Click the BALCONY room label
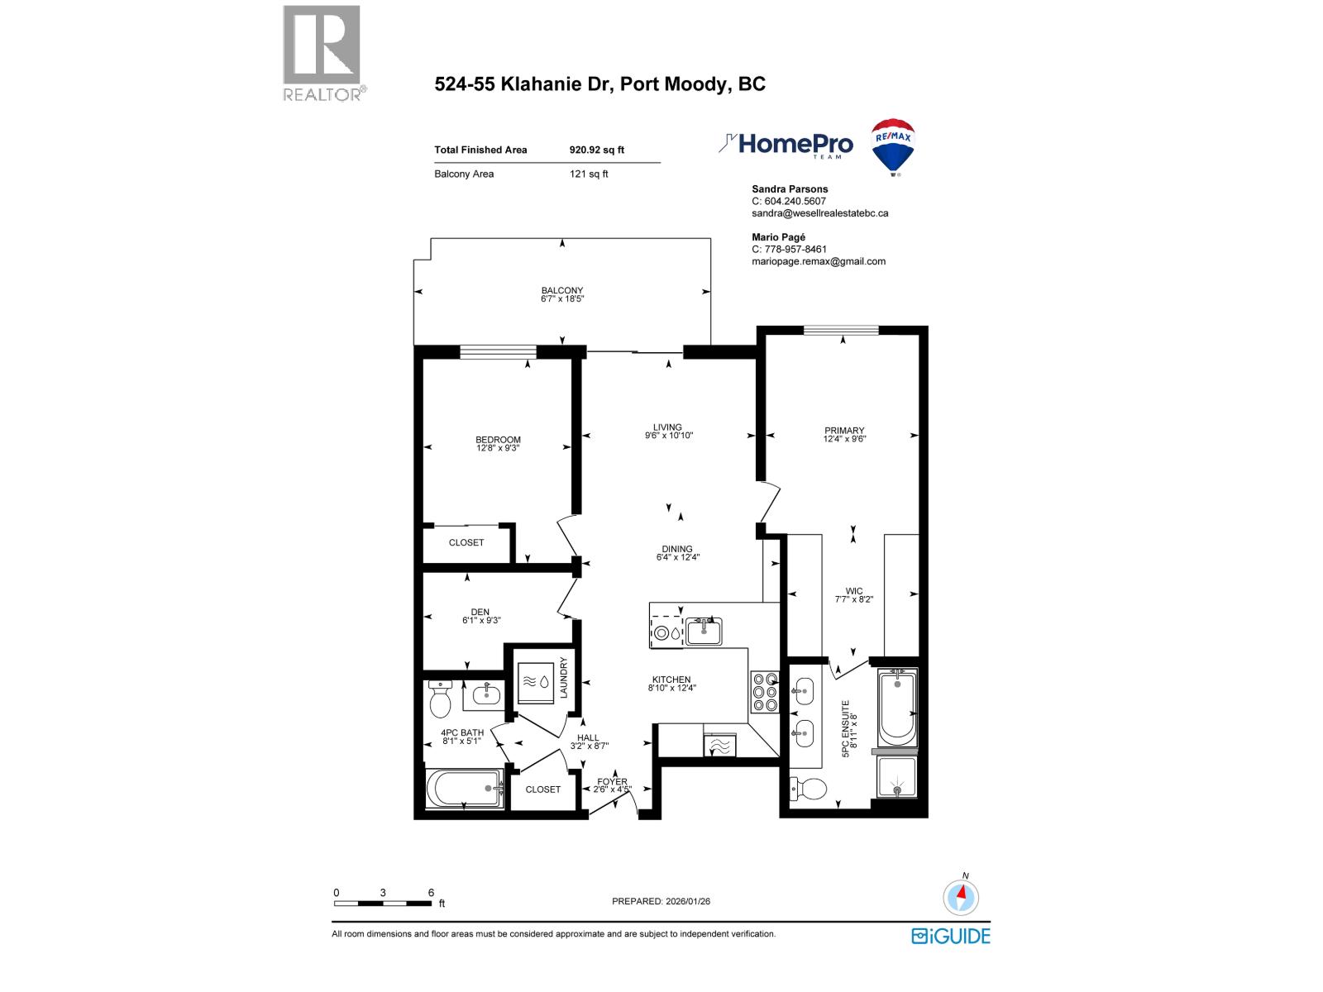pos(562,290)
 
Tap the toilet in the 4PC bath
pos(439,702)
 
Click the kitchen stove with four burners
pos(764,693)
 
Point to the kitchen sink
pos(704,631)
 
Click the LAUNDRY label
pos(564,678)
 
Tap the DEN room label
pos(480,612)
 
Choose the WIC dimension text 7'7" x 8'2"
pos(854,600)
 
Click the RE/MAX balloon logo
pos(893,146)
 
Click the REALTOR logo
pos(322,52)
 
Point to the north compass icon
pos(961,897)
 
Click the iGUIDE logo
pos(951,936)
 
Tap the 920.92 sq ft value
pos(597,150)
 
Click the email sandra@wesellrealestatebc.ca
pos(820,213)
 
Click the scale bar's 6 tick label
pos(431,892)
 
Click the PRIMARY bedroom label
pos(844,430)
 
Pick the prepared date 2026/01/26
pos(687,901)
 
